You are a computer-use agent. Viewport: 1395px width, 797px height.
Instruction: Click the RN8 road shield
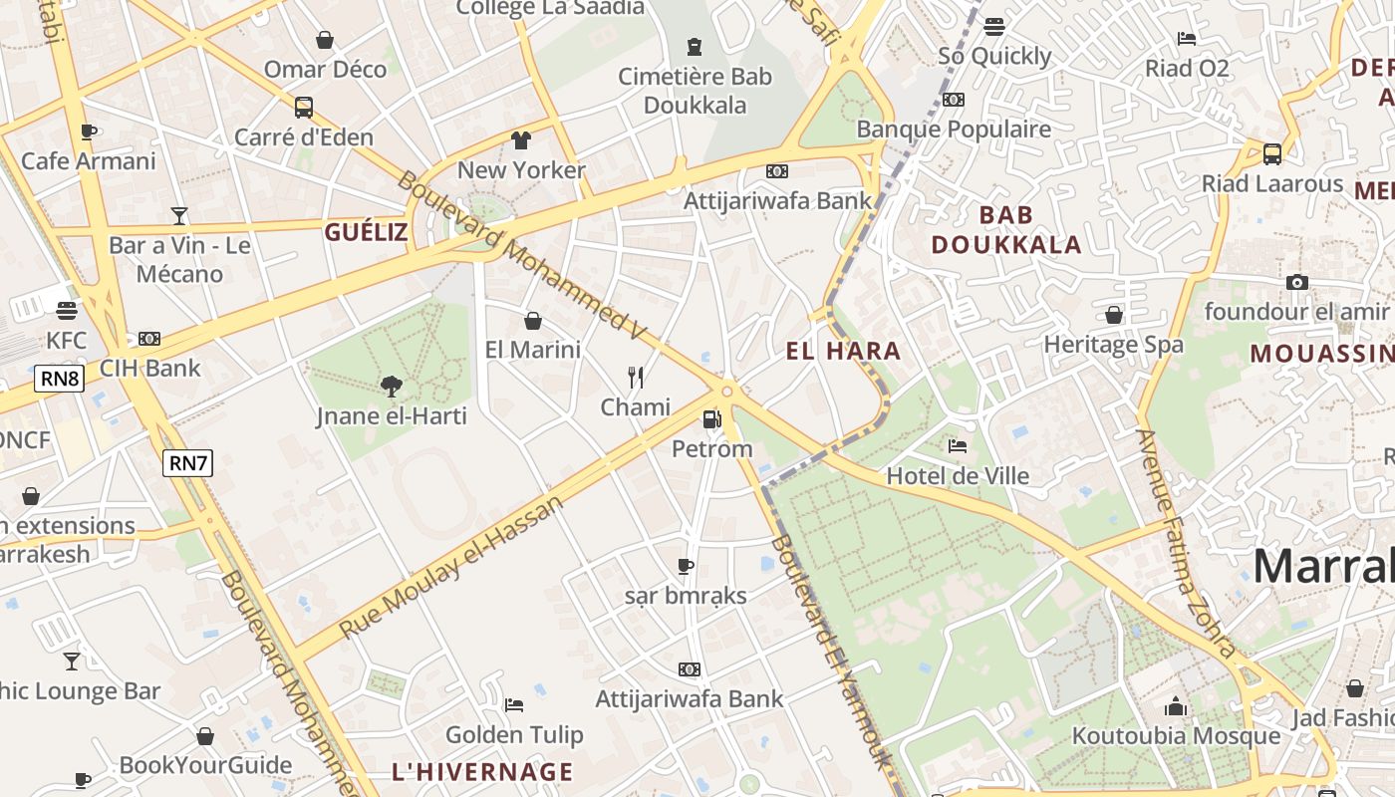pos(60,379)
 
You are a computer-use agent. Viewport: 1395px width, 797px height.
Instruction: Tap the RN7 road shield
pos(188,462)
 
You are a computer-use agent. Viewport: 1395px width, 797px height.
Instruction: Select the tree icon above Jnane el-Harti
pos(391,386)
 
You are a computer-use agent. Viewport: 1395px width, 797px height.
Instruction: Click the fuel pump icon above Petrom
pos(711,419)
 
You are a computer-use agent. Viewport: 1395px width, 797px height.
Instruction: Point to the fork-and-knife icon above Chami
pos(635,377)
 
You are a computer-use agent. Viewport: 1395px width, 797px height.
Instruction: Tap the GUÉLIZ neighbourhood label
pos(366,233)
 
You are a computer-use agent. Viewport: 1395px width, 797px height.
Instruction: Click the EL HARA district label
pos(843,351)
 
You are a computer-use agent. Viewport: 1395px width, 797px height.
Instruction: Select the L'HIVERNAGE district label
pos(482,772)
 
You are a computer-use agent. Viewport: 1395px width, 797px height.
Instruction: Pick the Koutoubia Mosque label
pos(1176,736)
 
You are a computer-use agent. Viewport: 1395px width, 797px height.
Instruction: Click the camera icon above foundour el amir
pos(1296,283)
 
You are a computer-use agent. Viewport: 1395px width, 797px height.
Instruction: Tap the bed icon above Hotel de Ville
pos(958,446)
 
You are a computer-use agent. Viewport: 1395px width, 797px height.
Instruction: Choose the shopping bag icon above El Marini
pos(533,321)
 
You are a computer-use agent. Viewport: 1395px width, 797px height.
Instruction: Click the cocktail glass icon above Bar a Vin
pos(179,215)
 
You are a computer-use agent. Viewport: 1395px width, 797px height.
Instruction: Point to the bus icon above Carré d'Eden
pos(304,107)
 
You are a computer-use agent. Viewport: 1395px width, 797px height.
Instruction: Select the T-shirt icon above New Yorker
pos(521,139)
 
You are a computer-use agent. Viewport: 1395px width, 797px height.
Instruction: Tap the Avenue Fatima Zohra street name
pos(1185,543)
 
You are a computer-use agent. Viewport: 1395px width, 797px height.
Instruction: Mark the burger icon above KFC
pos(67,311)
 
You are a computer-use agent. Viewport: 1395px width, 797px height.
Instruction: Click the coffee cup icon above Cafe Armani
pos(89,132)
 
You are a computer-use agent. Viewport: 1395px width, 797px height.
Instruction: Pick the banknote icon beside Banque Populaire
pos(954,100)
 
